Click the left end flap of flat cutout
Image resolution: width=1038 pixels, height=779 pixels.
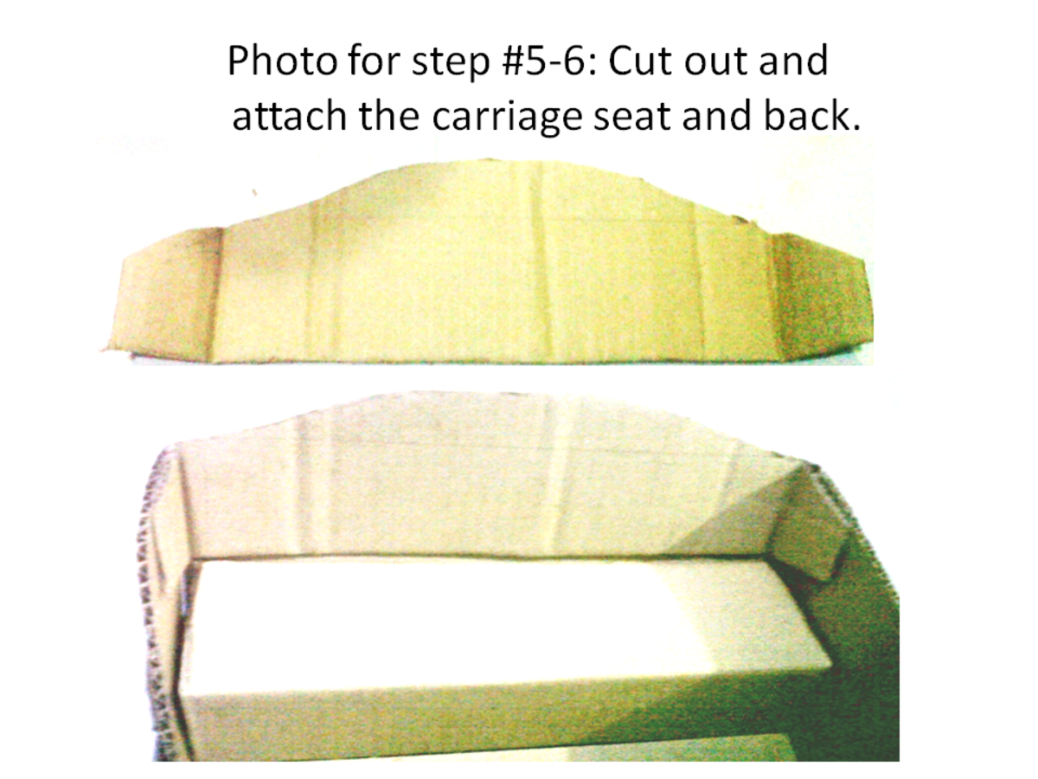pos(164,294)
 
